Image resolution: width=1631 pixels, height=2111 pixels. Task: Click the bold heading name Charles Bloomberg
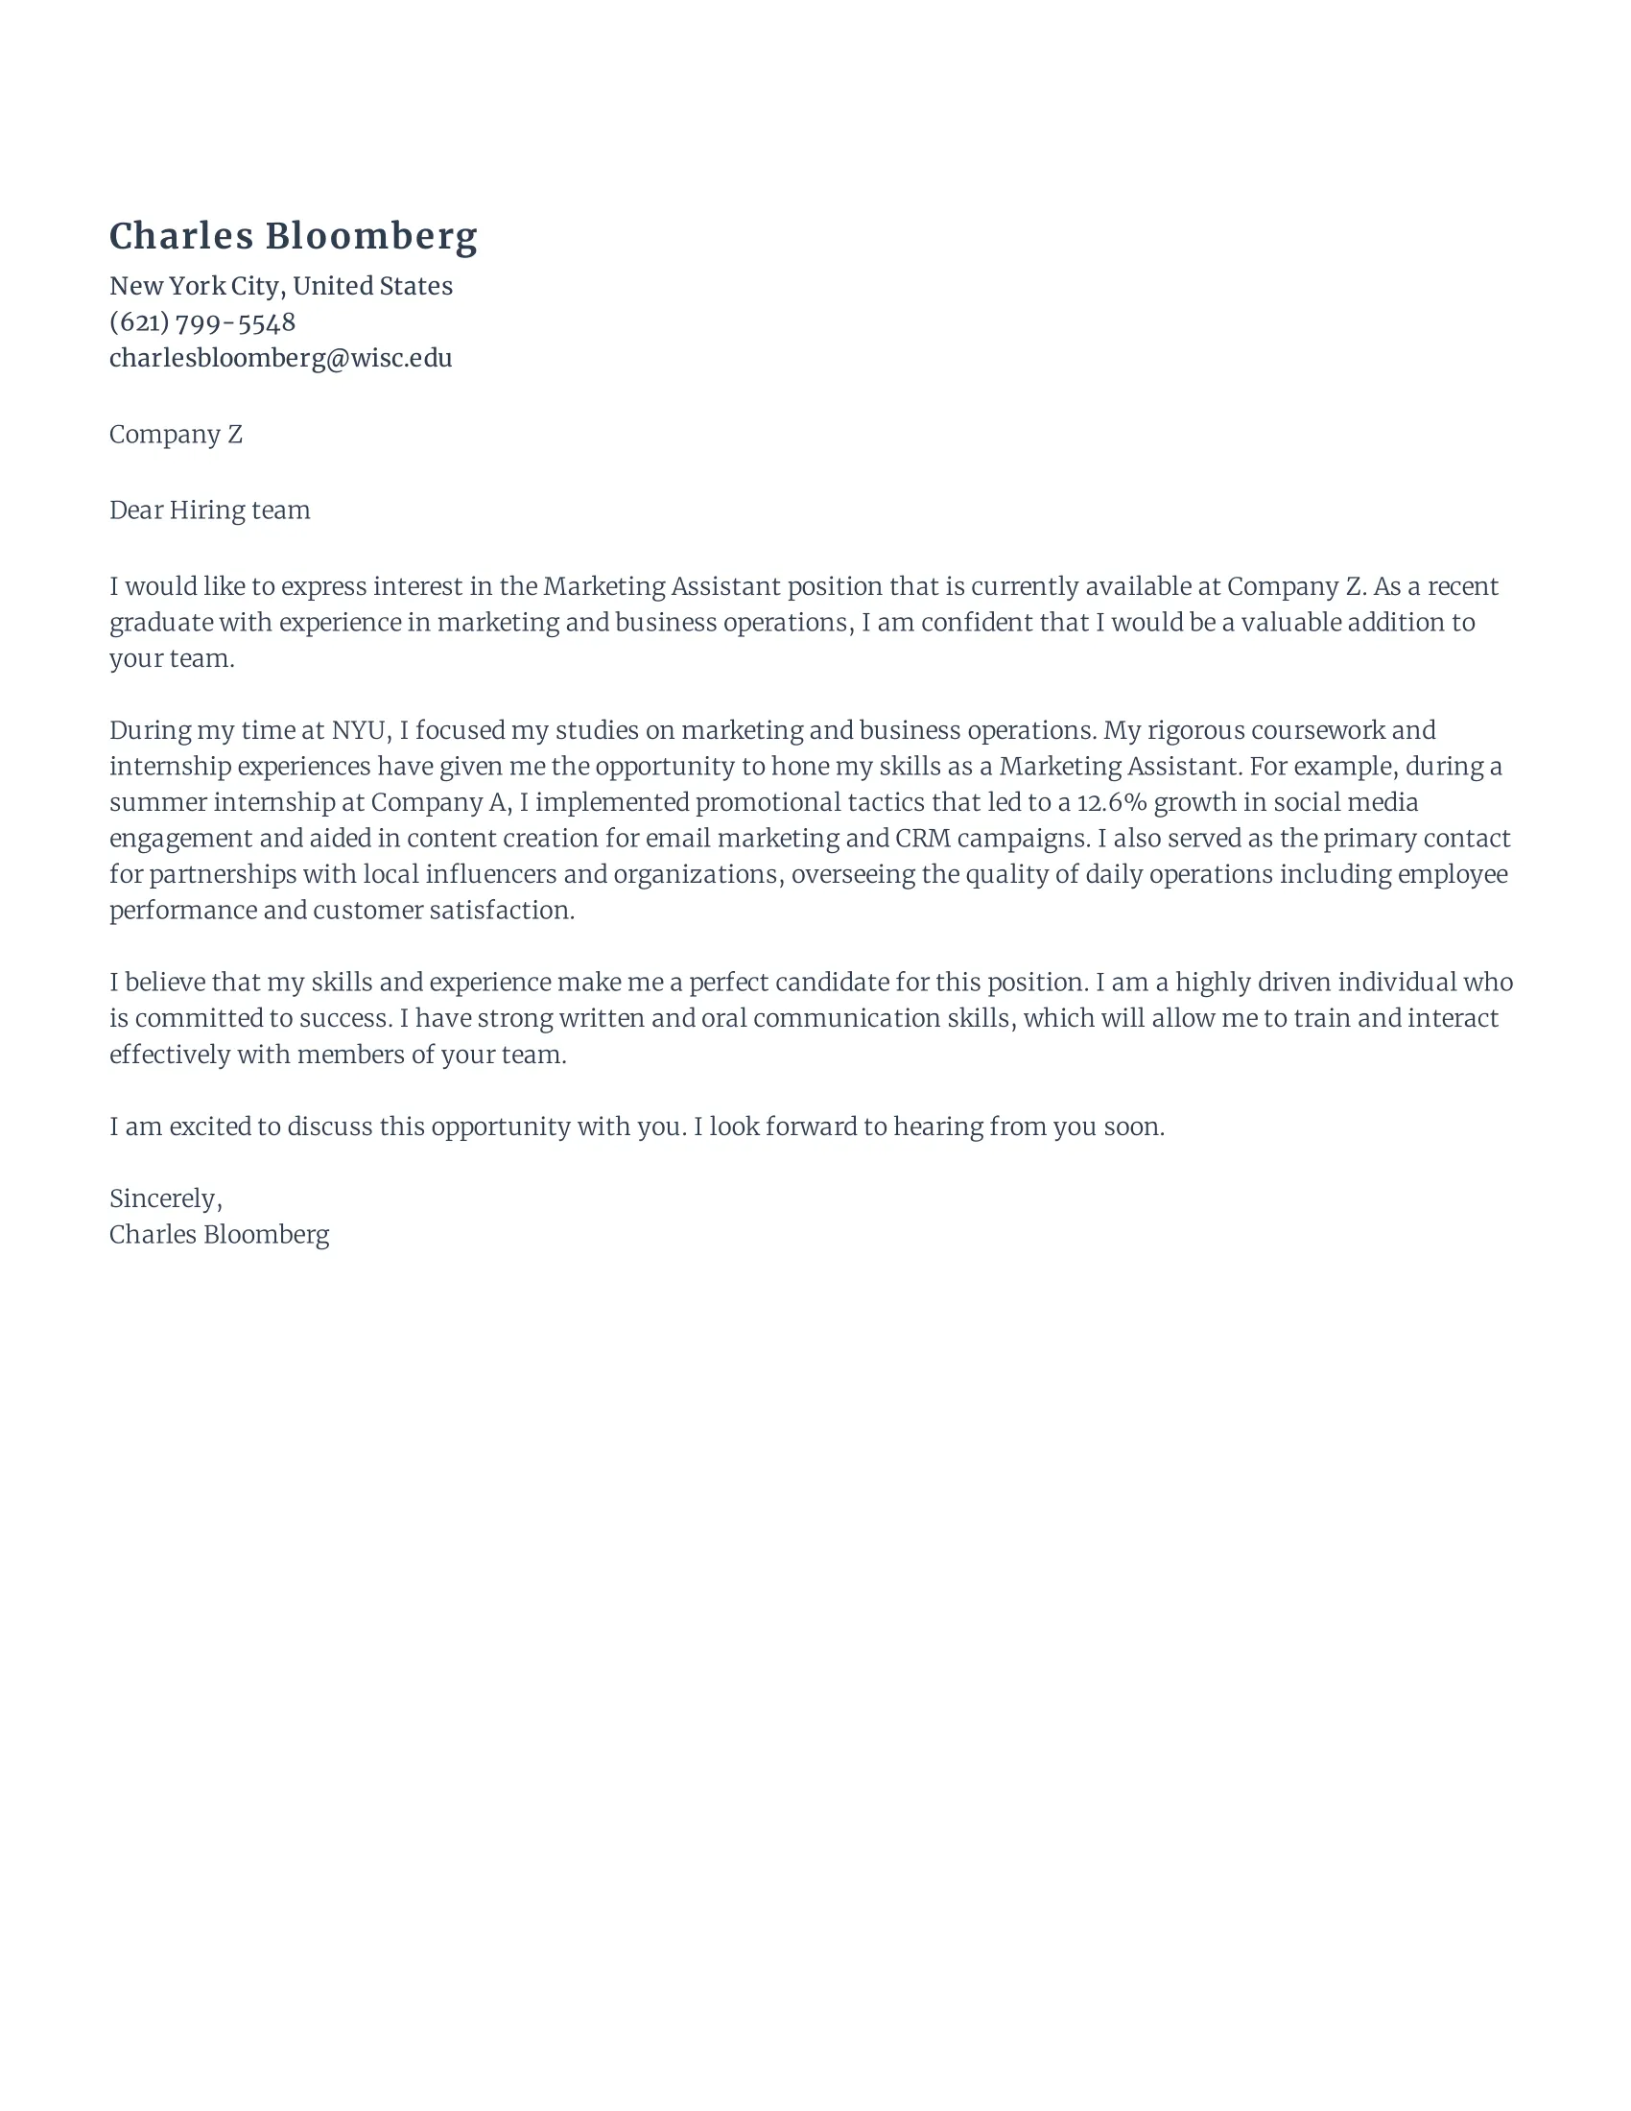(293, 237)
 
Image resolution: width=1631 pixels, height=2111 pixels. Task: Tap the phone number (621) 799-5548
(201, 321)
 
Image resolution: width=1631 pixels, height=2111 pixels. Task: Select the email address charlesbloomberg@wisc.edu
(280, 359)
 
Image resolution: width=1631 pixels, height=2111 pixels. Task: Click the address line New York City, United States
(280, 286)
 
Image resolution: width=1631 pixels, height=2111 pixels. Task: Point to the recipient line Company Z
(175, 435)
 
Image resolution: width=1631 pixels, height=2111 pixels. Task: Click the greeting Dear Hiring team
(210, 510)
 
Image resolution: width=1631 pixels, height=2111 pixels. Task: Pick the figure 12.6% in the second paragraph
(1111, 802)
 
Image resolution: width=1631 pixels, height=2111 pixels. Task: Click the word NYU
(358, 730)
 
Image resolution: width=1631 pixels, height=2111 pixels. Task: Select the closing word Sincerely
(164, 1198)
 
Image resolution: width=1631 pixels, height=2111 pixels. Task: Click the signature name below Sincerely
(220, 1234)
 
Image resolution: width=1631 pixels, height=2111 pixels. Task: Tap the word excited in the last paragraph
(210, 1127)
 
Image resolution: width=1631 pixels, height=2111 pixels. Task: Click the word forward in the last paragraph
(810, 1127)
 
